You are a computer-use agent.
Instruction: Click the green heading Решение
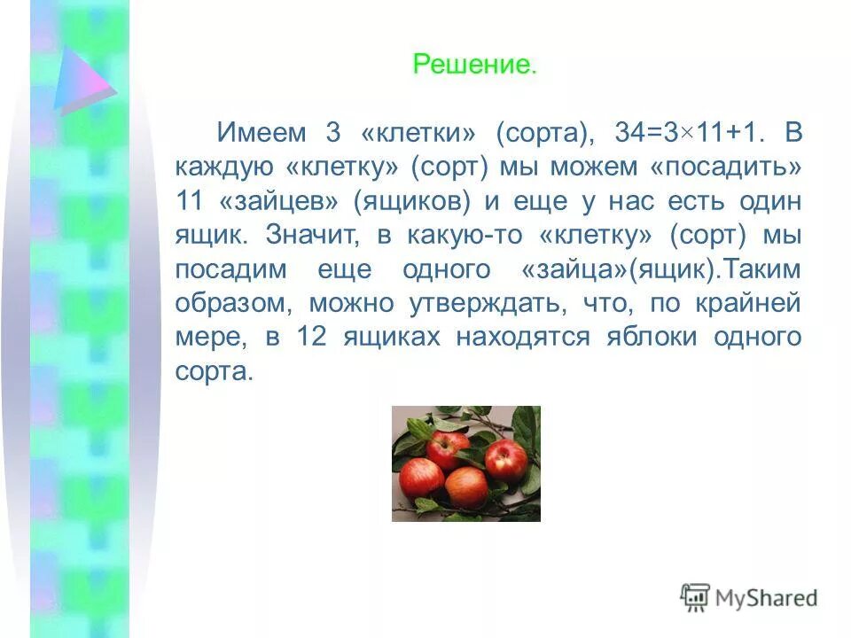point(474,65)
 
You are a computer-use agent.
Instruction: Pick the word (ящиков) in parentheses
point(412,201)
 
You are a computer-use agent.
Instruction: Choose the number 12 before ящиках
point(314,337)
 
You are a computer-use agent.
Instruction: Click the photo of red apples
point(466,463)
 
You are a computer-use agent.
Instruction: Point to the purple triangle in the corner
point(82,82)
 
